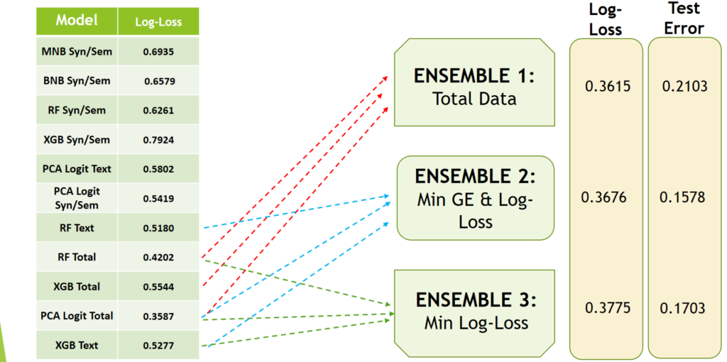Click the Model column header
pyautogui.click(x=77, y=21)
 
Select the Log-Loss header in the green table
pyautogui.click(x=158, y=22)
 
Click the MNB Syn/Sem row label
pyautogui.click(x=77, y=51)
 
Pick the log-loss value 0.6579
pyautogui.click(x=158, y=81)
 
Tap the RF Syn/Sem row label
pyautogui.click(x=77, y=110)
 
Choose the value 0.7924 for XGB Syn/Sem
pyautogui.click(x=158, y=140)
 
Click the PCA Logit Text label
pyautogui.click(x=77, y=169)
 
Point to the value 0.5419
pyautogui.click(x=158, y=199)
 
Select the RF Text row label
pyautogui.click(x=77, y=228)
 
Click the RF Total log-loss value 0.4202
pyautogui.click(x=158, y=257)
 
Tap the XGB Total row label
pyautogui.click(x=77, y=287)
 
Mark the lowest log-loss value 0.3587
pyautogui.click(x=158, y=316)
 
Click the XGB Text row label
pyautogui.click(x=77, y=346)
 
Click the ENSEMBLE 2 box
pyautogui.click(x=474, y=198)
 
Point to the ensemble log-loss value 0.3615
pyautogui.click(x=607, y=86)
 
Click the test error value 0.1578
pyautogui.click(x=683, y=197)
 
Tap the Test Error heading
pyautogui.click(x=684, y=18)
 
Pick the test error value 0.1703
pyautogui.click(x=683, y=308)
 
